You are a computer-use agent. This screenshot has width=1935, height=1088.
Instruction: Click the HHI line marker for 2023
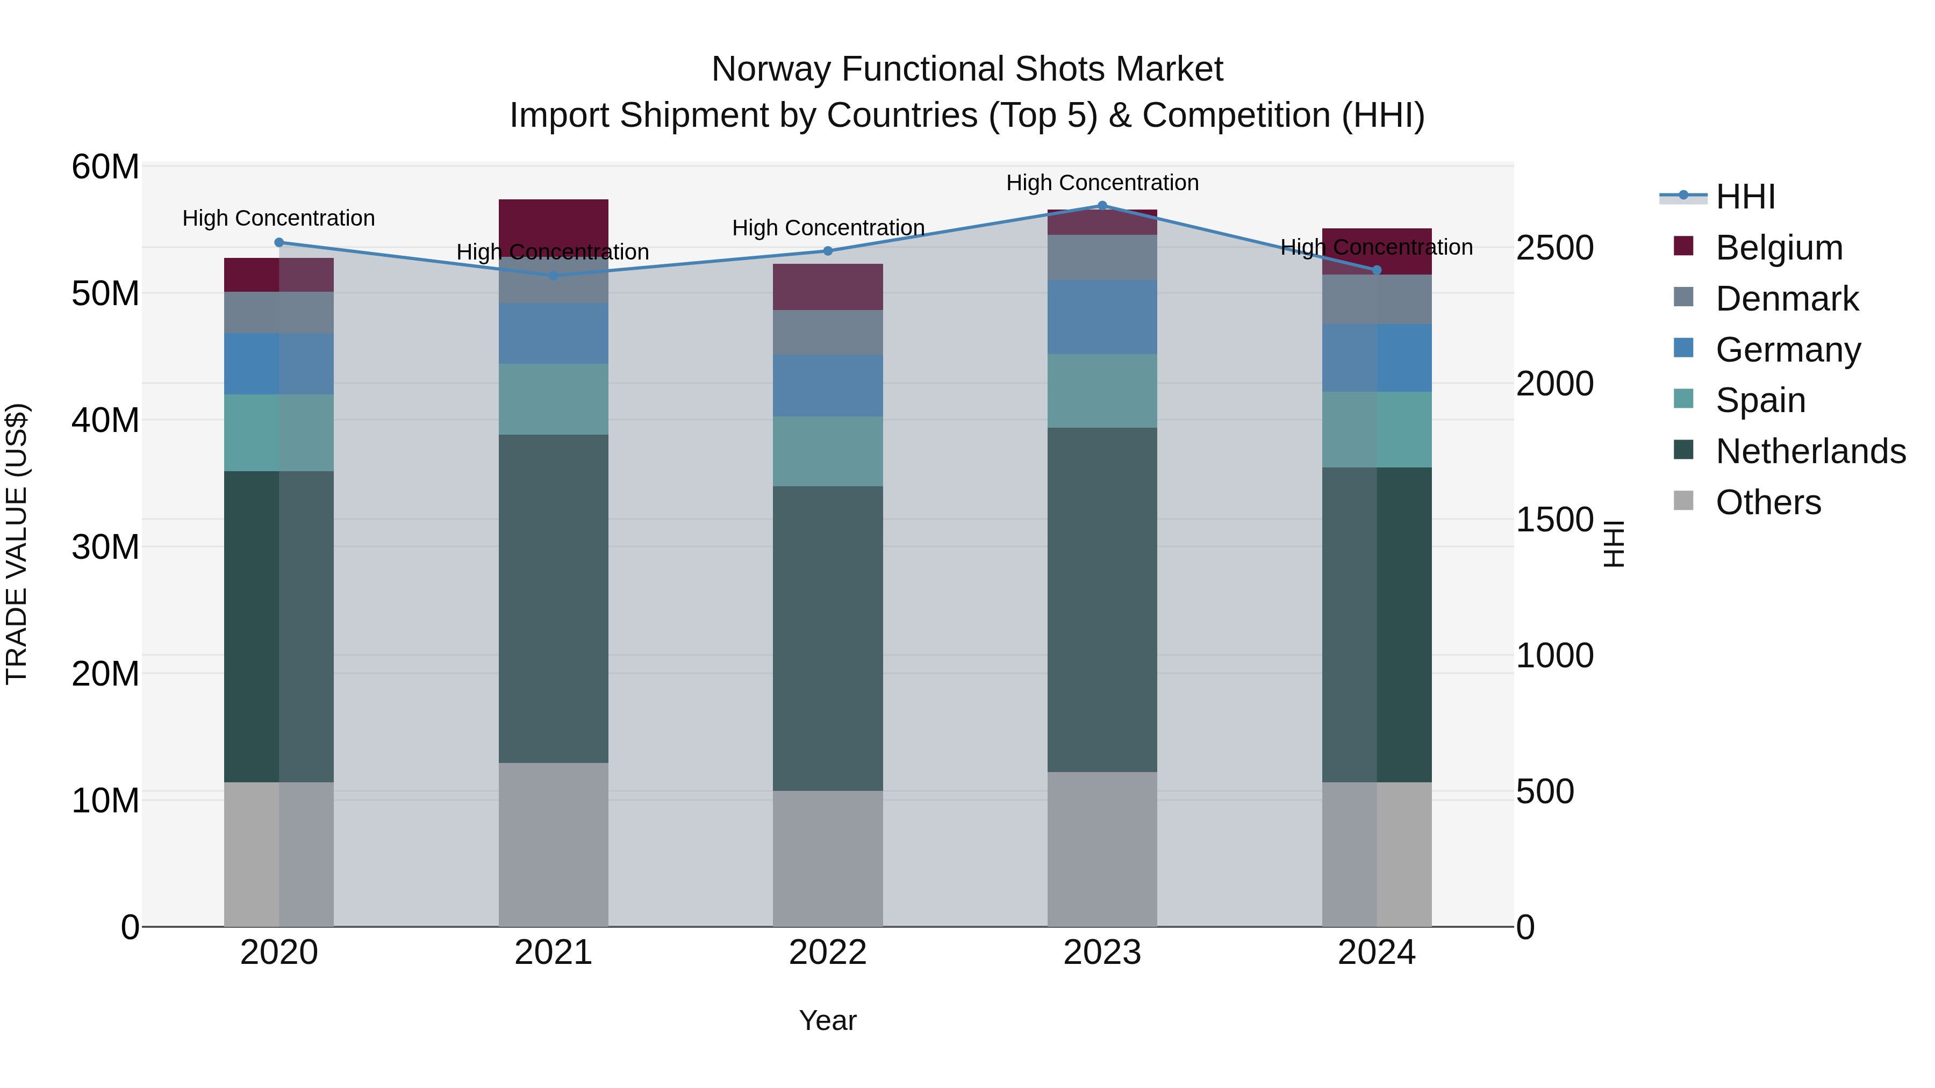coord(1102,205)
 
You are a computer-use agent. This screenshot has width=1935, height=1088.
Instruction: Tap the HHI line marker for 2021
coord(554,276)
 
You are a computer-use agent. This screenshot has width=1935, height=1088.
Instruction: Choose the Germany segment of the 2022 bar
coord(828,385)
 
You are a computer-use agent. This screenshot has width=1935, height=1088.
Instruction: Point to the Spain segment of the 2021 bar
coord(554,399)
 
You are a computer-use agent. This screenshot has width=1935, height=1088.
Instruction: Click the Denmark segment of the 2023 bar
coord(1102,257)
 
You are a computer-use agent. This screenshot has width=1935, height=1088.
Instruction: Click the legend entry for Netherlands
coord(1810,451)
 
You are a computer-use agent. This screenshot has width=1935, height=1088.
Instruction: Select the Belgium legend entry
coord(1779,248)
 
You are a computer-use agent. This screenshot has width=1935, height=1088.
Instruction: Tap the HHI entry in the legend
coord(1745,197)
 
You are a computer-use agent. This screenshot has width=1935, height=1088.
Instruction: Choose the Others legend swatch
coord(1683,501)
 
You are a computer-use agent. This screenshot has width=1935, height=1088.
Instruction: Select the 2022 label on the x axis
coord(828,953)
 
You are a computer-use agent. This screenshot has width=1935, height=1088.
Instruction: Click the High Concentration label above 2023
coord(1102,183)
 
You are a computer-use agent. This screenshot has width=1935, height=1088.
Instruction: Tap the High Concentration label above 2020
coord(278,219)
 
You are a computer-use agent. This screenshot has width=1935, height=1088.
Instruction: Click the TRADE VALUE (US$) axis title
coord(17,544)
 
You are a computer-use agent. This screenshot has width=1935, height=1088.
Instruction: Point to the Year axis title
coord(828,1020)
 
